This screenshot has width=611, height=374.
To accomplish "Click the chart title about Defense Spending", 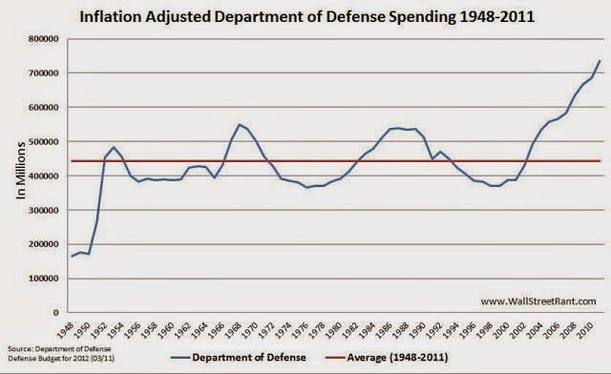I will [307, 17].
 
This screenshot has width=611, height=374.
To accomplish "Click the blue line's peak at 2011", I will [599, 61].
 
